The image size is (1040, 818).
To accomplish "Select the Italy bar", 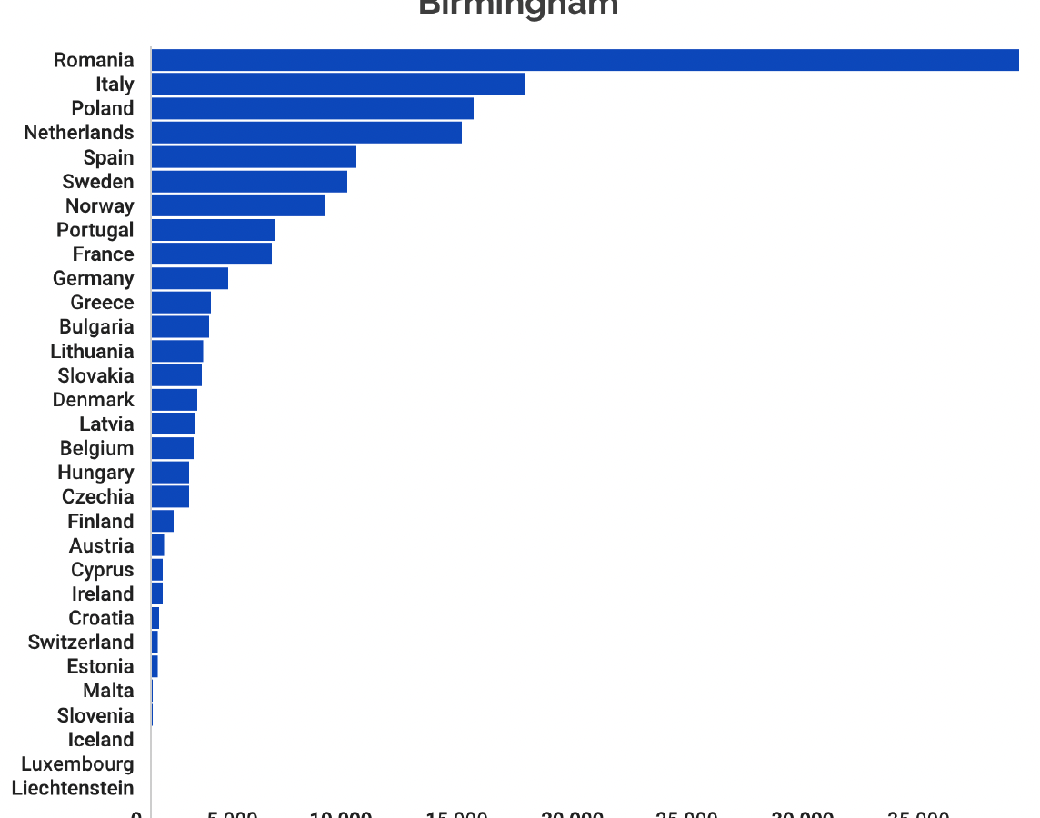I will point(338,85).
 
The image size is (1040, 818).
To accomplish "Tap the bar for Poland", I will point(312,108).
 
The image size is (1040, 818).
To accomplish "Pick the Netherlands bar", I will point(306,133).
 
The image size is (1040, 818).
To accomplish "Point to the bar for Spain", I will point(254,157).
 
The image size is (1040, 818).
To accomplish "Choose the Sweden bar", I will point(249,181).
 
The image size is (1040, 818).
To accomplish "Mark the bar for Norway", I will point(238,205).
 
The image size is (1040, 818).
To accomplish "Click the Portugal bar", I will point(213,230).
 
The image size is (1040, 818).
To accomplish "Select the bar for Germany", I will point(189,278).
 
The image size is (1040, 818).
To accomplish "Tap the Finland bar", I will point(162,521).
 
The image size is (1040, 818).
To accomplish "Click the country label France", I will point(103,254).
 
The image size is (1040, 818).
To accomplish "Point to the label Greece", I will point(102,303).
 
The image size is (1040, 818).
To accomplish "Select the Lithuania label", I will point(92,352).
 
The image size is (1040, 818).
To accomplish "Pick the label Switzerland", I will point(81,643).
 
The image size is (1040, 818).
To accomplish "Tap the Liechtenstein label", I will point(73,788).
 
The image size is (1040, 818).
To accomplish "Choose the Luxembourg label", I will point(77,764).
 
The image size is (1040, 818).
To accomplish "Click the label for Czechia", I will point(97,497).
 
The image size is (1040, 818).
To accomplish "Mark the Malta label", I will point(108,691).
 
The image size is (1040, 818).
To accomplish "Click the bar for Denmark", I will point(174,400).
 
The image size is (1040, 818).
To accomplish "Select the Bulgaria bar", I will point(180,327).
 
